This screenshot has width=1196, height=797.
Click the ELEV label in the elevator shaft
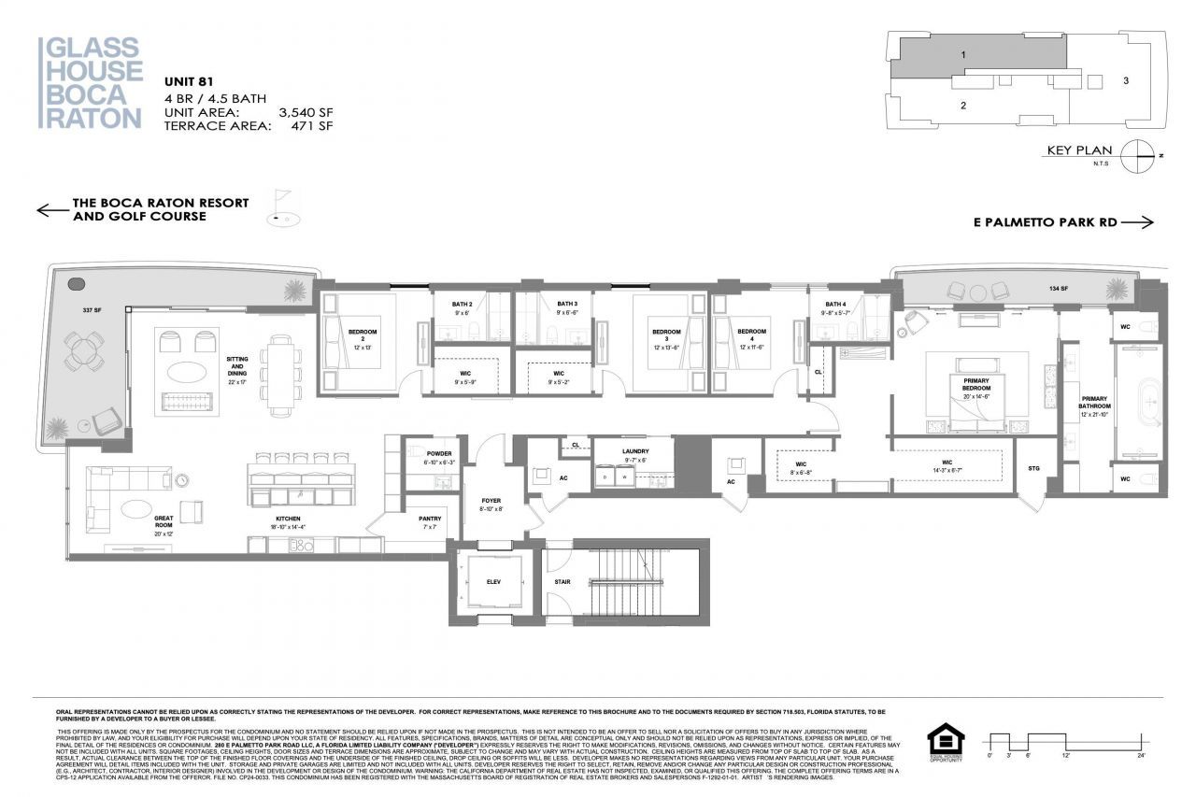(x=492, y=580)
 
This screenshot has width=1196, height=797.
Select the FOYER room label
(x=491, y=501)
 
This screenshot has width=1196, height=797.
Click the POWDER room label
(x=438, y=454)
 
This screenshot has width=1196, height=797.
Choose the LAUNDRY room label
(x=635, y=451)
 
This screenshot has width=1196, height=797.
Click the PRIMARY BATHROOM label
(x=1095, y=403)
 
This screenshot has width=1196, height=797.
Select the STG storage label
(x=1033, y=467)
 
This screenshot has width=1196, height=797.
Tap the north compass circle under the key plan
(x=1137, y=155)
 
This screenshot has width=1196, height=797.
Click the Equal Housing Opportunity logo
(x=946, y=743)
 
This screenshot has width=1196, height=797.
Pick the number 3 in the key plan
(x=1126, y=80)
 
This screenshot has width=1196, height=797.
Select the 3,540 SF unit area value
(x=306, y=112)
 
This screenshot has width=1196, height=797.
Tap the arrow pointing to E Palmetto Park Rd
(x=1137, y=222)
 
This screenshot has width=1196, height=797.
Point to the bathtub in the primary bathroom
(x=1136, y=401)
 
